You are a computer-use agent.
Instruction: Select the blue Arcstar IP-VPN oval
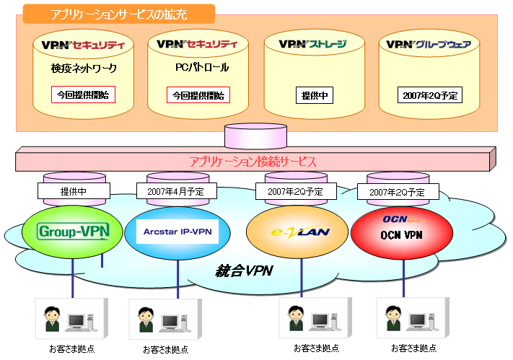pyautogui.click(x=177, y=231)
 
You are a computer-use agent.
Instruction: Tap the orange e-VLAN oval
pyautogui.click(x=291, y=231)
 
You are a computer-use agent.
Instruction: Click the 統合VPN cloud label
pyautogui.click(x=245, y=271)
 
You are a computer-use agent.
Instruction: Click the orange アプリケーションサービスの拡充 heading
pyautogui.click(x=118, y=14)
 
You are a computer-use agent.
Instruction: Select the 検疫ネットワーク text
pyautogui.click(x=84, y=69)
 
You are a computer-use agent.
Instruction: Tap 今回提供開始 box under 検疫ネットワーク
pyautogui.click(x=84, y=95)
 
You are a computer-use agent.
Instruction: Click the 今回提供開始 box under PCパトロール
pyautogui.click(x=198, y=95)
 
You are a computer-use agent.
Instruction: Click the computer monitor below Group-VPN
pyautogui.click(x=79, y=318)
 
